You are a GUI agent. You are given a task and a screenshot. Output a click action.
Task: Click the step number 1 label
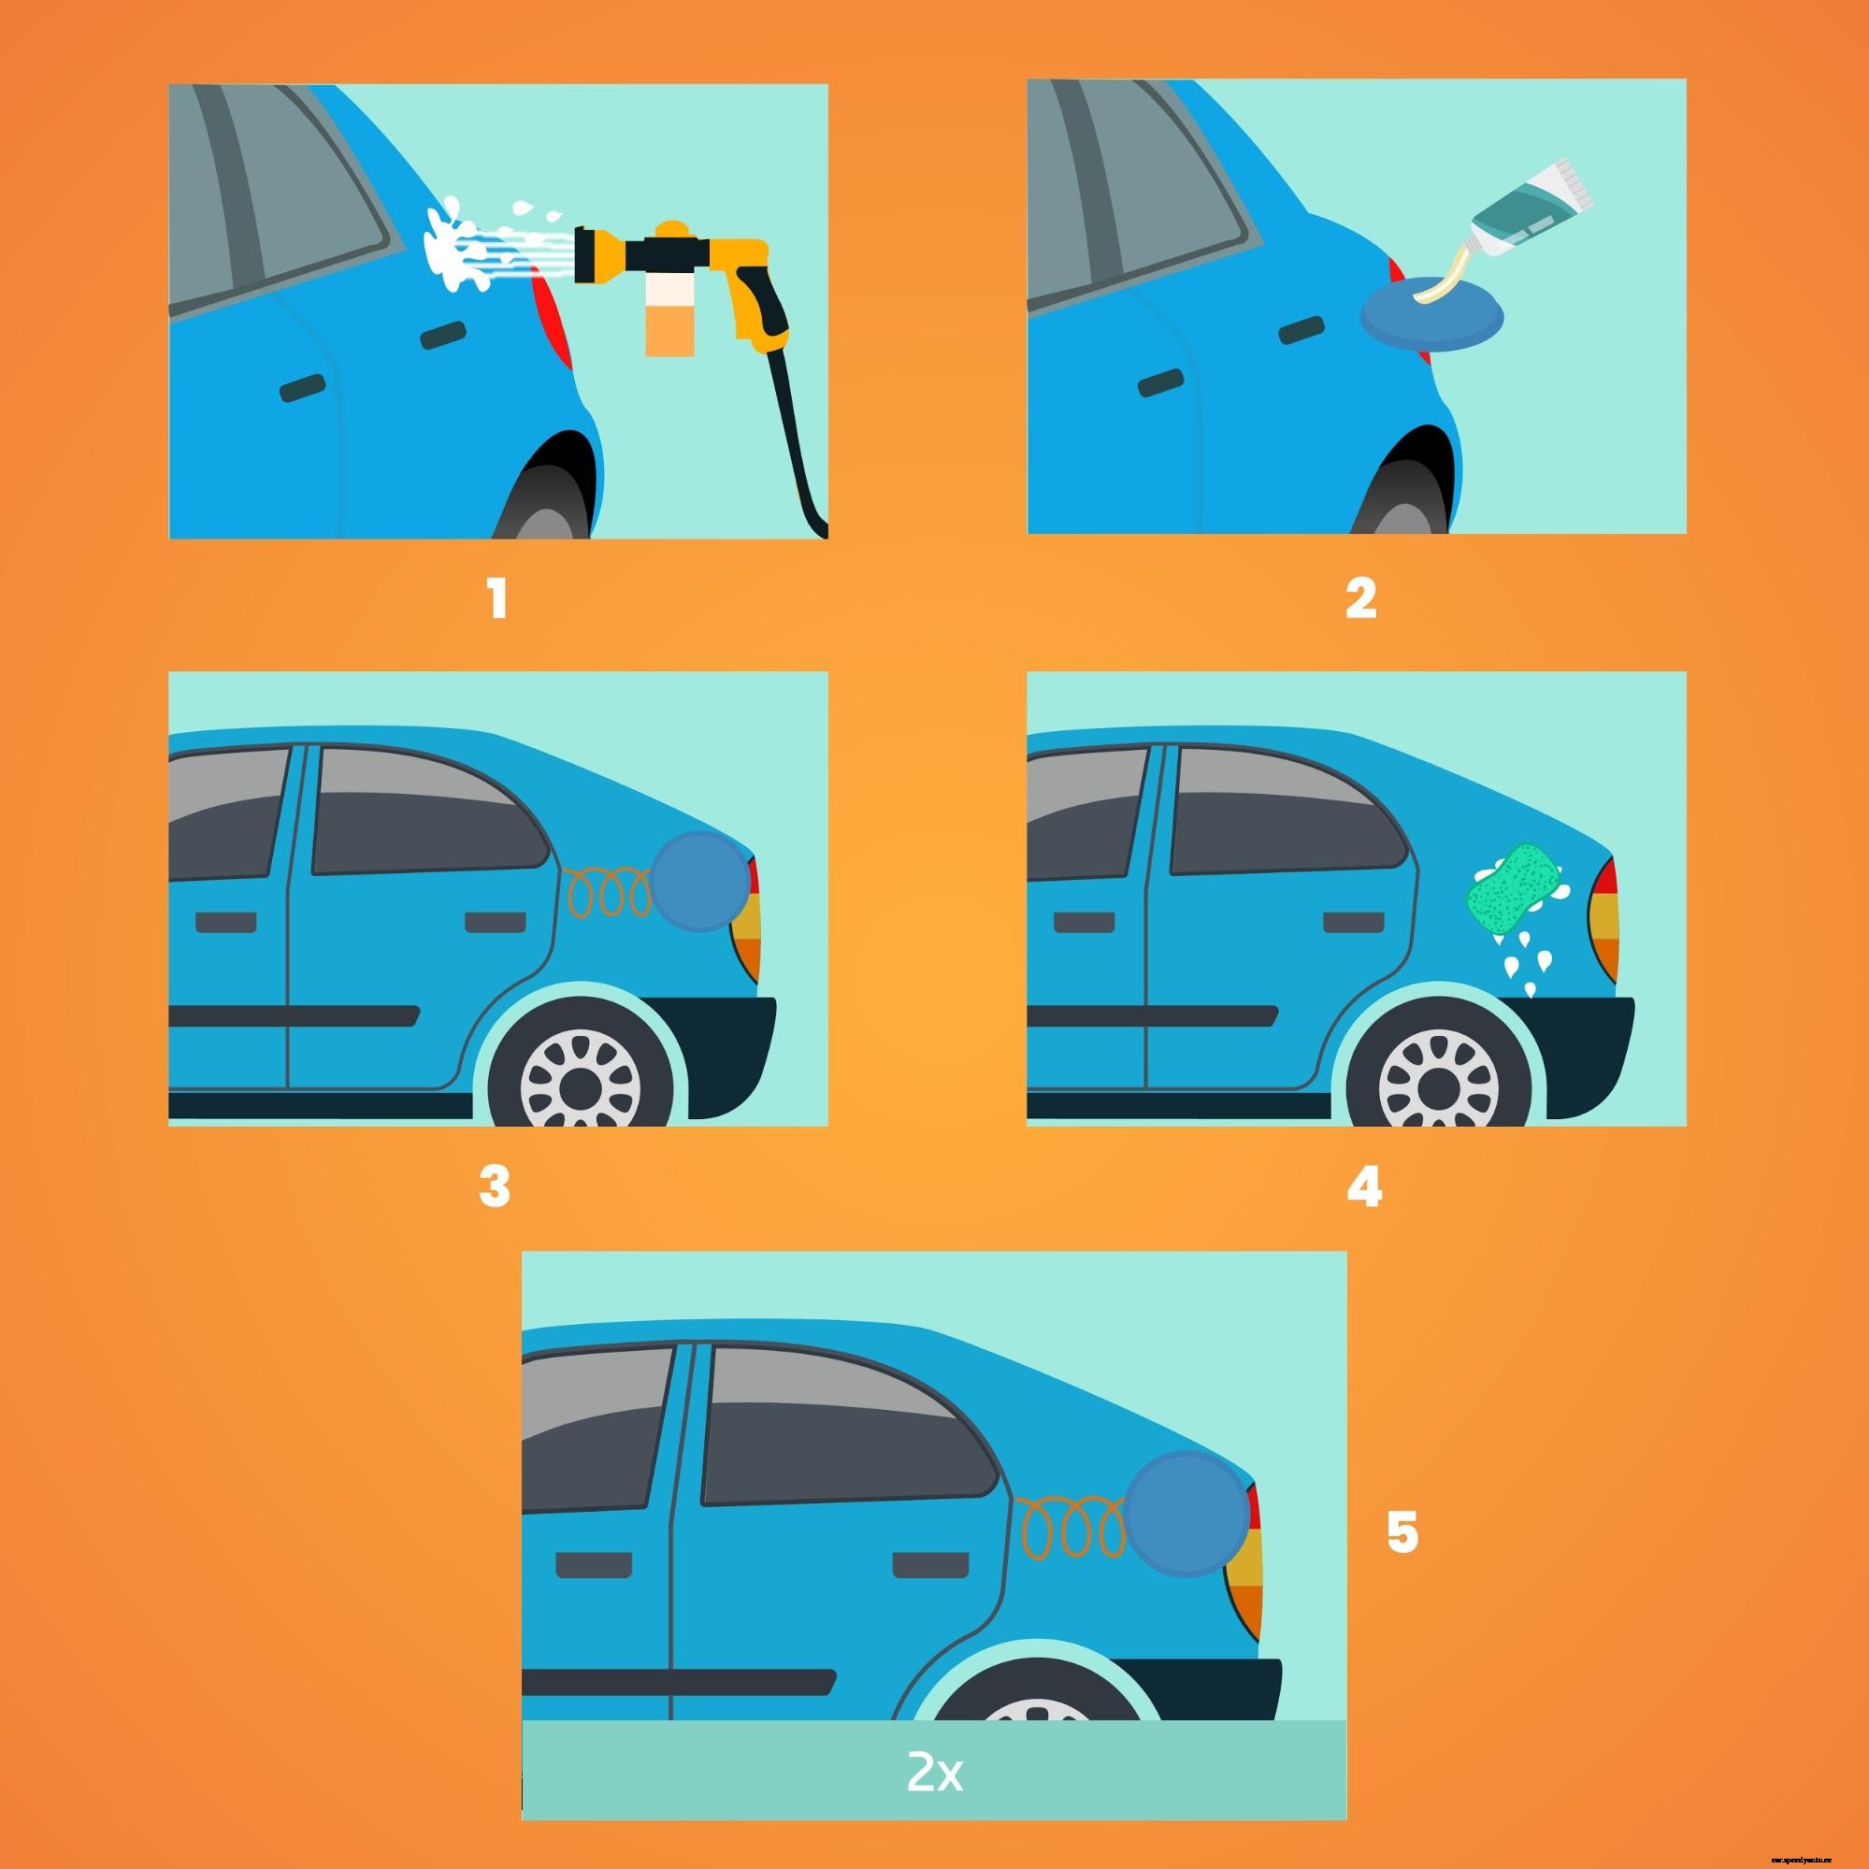click(497, 600)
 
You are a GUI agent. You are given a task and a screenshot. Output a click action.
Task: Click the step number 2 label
click(1360, 600)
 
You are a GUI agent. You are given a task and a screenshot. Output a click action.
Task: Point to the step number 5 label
click(1402, 1533)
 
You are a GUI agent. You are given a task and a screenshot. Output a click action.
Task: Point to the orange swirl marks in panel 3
click(610, 895)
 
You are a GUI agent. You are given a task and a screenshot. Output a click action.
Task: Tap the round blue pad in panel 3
click(699, 882)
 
